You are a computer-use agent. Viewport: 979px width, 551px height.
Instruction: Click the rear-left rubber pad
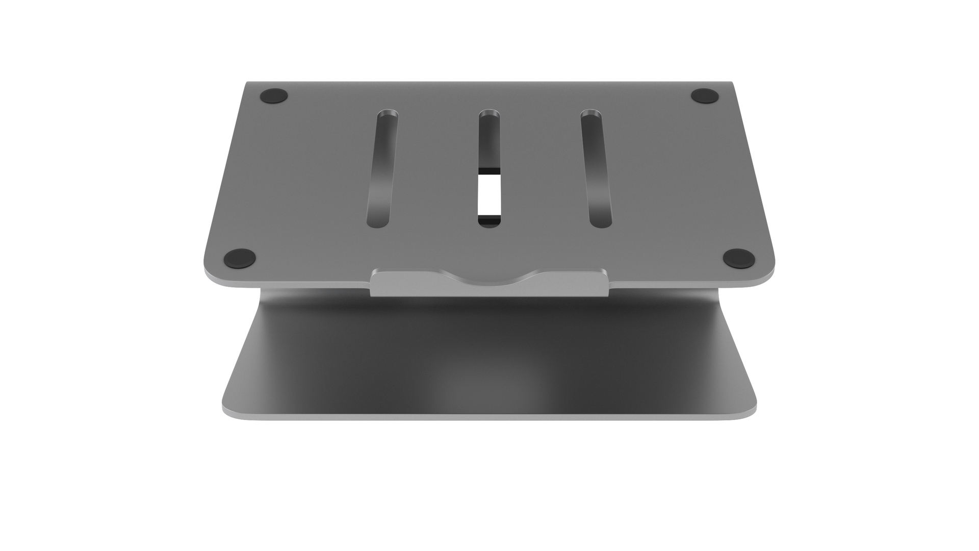click(x=274, y=95)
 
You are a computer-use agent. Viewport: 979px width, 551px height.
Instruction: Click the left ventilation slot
click(x=382, y=168)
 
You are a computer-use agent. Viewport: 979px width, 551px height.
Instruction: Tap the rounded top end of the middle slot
click(x=489, y=114)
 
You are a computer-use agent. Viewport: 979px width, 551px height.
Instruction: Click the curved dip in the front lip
click(x=489, y=278)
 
